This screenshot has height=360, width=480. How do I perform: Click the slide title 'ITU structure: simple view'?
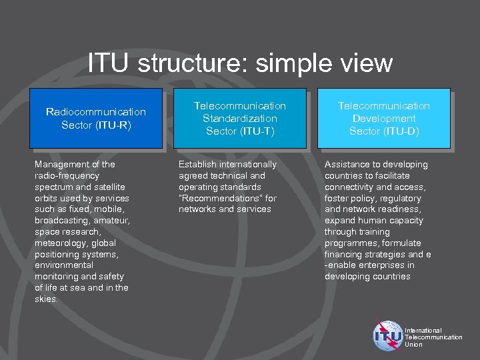coord(240,63)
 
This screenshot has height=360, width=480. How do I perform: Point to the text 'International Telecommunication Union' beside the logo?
coord(433,337)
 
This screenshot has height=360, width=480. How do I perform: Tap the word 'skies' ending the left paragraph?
coord(45,299)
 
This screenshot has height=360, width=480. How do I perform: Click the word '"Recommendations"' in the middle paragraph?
coord(212,198)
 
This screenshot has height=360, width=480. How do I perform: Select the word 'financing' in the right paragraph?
coord(344,254)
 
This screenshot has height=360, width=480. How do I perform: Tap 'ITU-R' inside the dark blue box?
coord(113,125)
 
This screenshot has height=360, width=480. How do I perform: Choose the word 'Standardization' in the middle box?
coord(239,118)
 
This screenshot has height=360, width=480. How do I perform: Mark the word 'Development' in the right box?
coord(384,118)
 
